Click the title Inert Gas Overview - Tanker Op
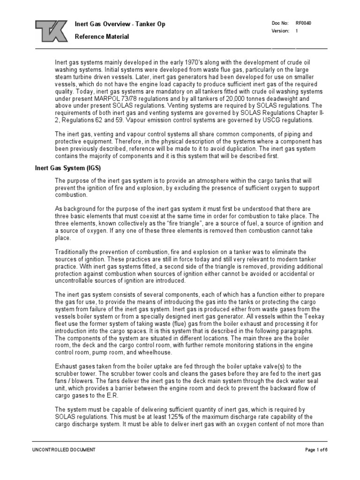pyautogui.click(x=120, y=24)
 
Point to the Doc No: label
pyautogui.click(x=278, y=23)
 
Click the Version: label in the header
pyautogui.click(x=279, y=31)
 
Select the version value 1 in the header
pyautogui.click(x=297, y=31)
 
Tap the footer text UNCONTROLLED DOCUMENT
pyautogui.click(x=64, y=450)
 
